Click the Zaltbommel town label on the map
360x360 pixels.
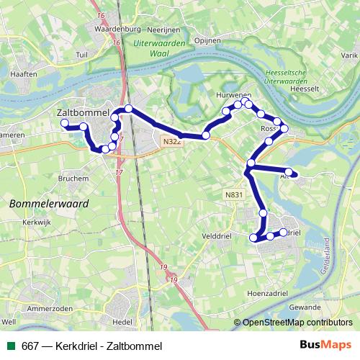click(x=82, y=113)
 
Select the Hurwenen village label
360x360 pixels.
click(x=233, y=96)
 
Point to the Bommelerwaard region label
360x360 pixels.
click(x=49, y=204)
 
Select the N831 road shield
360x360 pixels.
click(x=233, y=194)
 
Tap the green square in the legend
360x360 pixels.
click(x=11, y=346)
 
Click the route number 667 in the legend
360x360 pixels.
click(x=30, y=346)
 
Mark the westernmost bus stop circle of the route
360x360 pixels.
click(x=64, y=124)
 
